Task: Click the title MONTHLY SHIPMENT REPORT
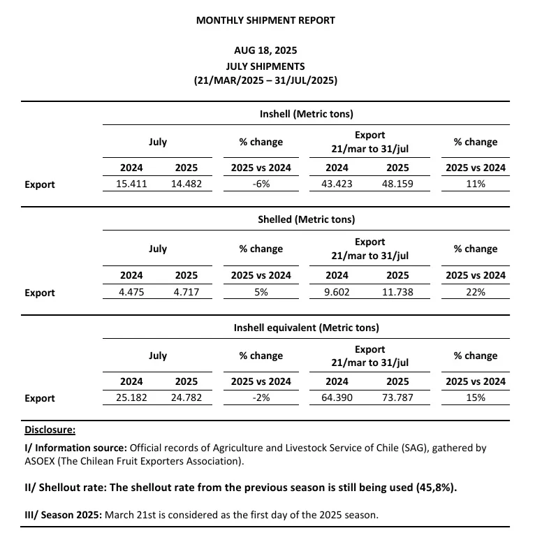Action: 265,20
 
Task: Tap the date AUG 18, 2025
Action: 265,51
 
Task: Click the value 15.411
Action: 131,184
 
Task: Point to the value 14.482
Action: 186,184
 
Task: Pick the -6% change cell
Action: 261,184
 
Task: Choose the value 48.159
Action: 398,184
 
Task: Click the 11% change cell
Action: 476,184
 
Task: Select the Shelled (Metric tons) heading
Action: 307,219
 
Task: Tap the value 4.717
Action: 186,292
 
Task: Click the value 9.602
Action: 337,292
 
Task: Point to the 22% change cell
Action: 476,292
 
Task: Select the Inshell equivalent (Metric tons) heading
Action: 307,327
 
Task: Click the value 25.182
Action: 131,398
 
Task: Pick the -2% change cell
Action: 261,398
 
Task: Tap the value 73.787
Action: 398,398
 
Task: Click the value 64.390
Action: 337,398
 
